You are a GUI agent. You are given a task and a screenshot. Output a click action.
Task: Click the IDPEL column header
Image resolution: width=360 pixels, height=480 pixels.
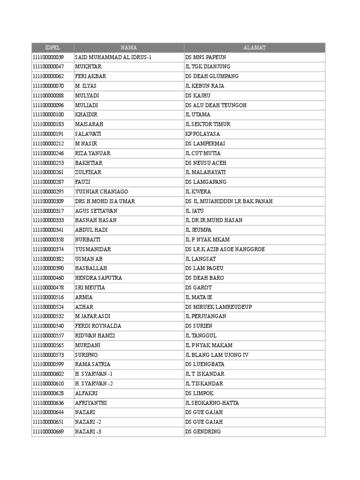(x=52, y=47)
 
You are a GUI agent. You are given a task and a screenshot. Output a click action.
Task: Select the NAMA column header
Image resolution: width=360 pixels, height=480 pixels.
(x=129, y=47)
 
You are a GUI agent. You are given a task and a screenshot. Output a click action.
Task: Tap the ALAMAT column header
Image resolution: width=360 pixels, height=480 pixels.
(x=255, y=47)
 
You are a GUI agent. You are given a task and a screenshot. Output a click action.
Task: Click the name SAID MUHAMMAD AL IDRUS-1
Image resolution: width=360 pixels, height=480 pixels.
(x=113, y=57)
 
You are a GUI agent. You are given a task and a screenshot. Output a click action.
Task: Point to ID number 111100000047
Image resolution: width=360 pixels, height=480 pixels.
(x=48, y=67)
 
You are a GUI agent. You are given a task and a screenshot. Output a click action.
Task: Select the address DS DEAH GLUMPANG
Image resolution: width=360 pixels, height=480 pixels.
(x=212, y=76)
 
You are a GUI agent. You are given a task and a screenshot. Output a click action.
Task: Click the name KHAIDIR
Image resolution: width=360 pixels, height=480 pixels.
(x=86, y=115)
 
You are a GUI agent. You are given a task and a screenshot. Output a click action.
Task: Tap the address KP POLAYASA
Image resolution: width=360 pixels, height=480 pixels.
(x=202, y=134)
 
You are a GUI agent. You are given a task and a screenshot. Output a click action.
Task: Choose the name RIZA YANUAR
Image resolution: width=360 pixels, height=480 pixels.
(x=92, y=153)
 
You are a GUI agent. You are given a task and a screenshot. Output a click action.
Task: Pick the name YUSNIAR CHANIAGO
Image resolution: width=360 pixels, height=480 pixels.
(x=101, y=192)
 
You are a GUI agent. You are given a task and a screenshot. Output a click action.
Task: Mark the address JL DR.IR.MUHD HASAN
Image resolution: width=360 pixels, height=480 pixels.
(x=214, y=220)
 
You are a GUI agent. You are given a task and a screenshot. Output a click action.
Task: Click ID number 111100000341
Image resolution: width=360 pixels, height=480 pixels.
(x=48, y=230)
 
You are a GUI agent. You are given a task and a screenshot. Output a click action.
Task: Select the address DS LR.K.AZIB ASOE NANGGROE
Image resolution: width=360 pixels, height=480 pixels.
(x=223, y=249)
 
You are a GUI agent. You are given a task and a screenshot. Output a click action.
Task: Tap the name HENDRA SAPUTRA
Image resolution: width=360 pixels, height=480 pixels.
(x=98, y=278)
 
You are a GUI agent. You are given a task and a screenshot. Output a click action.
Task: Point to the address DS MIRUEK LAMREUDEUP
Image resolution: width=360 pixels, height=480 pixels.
(x=218, y=307)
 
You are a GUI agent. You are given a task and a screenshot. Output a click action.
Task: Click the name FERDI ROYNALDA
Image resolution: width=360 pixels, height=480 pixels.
(x=98, y=326)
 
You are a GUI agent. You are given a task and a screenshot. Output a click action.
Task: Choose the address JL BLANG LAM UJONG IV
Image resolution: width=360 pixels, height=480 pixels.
(x=216, y=355)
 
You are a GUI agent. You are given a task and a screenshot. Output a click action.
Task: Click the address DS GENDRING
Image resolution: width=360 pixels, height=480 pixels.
(x=203, y=432)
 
